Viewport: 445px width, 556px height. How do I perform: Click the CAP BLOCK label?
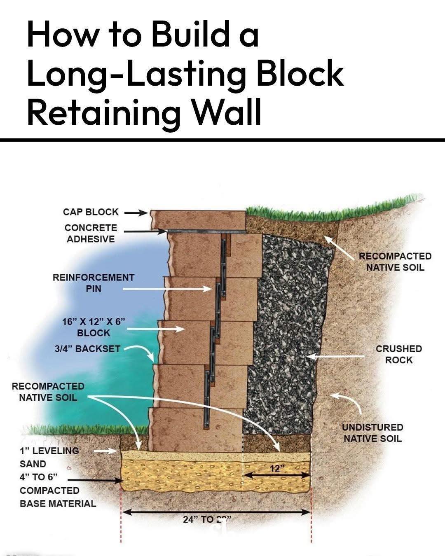pos(91,212)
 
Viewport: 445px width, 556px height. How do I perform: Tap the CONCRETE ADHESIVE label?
pos(91,233)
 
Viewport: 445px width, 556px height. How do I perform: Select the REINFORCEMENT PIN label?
pos(94,283)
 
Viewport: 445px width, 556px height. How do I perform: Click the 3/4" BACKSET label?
pos(87,349)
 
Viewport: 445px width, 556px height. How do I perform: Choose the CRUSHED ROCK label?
pos(398,354)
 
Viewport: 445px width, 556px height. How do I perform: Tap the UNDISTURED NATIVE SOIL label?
pos(372,433)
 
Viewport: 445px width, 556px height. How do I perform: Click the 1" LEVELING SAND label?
pos(49,457)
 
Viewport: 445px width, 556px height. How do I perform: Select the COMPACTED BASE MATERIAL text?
pos(58,497)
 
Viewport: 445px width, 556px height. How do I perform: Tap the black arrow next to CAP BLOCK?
pos(136,213)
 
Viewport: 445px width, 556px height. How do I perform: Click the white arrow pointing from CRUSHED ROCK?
pos(336,356)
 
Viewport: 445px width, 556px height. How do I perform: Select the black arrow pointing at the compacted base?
pos(95,480)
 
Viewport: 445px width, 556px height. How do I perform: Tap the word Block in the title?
pos(300,73)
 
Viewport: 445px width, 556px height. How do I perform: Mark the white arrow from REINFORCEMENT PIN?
pos(167,289)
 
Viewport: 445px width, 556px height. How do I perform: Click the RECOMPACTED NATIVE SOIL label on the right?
pos(395,262)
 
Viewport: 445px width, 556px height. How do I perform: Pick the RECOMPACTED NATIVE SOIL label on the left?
pos(48,392)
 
